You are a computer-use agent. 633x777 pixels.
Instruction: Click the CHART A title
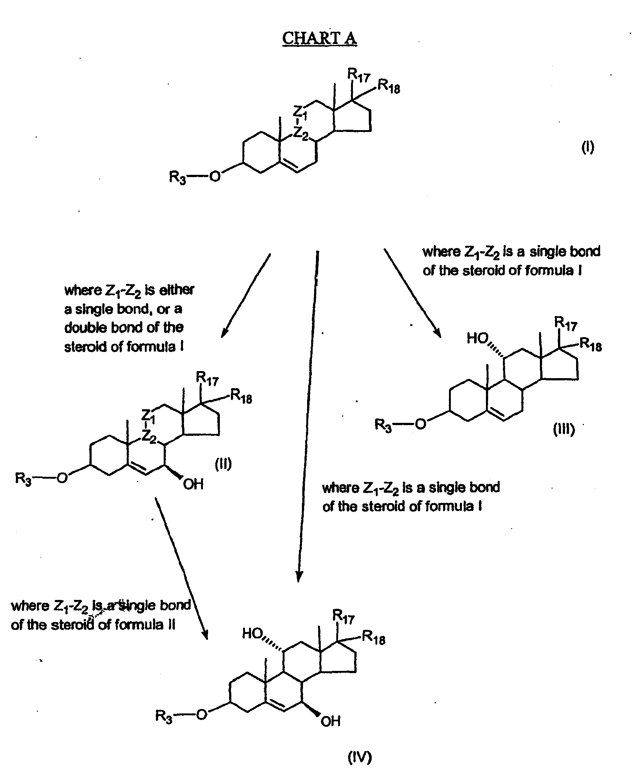[319, 38]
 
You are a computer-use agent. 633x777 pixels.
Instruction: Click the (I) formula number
[588, 147]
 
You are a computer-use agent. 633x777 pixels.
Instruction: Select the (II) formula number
[223, 464]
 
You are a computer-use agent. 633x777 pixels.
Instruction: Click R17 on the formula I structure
[358, 76]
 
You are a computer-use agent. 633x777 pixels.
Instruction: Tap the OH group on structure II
[193, 484]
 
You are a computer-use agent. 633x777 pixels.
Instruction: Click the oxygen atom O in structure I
[215, 176]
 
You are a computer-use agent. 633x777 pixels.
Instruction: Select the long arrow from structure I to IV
[308, 416]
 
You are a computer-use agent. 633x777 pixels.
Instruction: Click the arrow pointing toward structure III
[412, 293]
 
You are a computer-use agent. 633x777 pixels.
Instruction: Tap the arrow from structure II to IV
[181, 568]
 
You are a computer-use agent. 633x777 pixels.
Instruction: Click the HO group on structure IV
[252, 634]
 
